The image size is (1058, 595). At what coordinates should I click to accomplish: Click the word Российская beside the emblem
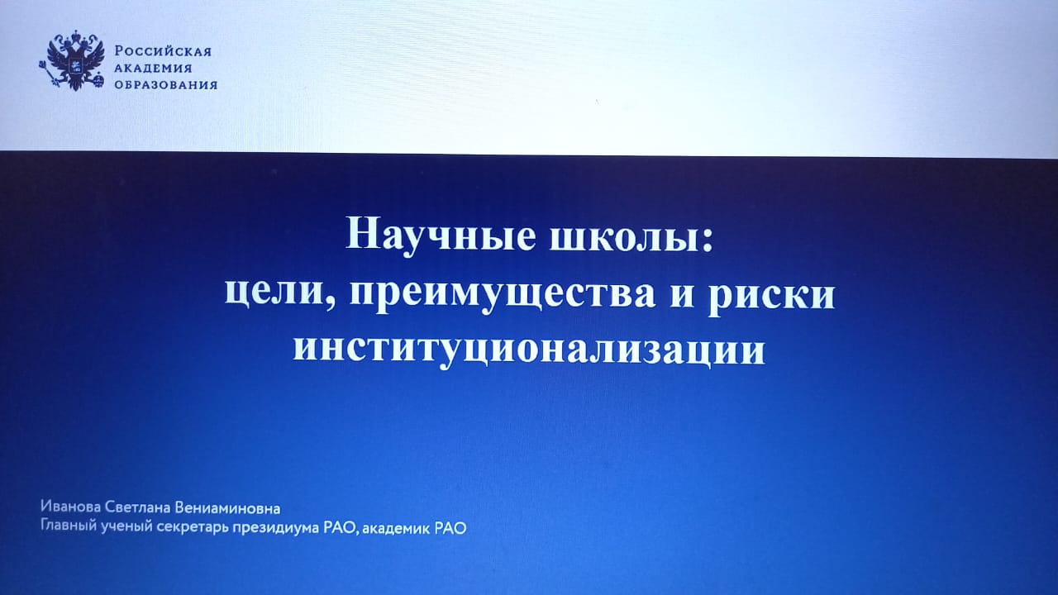click(163, 51)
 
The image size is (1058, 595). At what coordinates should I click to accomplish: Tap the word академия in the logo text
click(153, 68)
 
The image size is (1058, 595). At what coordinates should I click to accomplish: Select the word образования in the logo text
click(166, 85)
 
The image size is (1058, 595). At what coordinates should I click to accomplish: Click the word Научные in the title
click(441, 235)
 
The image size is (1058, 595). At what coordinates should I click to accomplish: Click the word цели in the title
click(276, 293)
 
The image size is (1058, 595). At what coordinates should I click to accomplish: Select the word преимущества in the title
click(503, 295)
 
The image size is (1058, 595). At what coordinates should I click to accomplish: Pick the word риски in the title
click(771, 297)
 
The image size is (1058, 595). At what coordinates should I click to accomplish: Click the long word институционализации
click(529, 350)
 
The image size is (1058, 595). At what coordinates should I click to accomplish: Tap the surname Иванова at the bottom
click(70, 507)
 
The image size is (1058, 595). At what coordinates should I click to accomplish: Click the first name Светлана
click(137, 507)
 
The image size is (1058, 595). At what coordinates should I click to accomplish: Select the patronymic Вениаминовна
click(227, 508)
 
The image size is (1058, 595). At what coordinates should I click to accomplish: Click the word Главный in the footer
click(69, 525)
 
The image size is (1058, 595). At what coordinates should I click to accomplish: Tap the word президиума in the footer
click(276, 528)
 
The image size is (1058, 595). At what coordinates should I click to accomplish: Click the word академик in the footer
click(396, 528)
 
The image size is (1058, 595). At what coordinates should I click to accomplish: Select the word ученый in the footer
click(126, 527)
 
